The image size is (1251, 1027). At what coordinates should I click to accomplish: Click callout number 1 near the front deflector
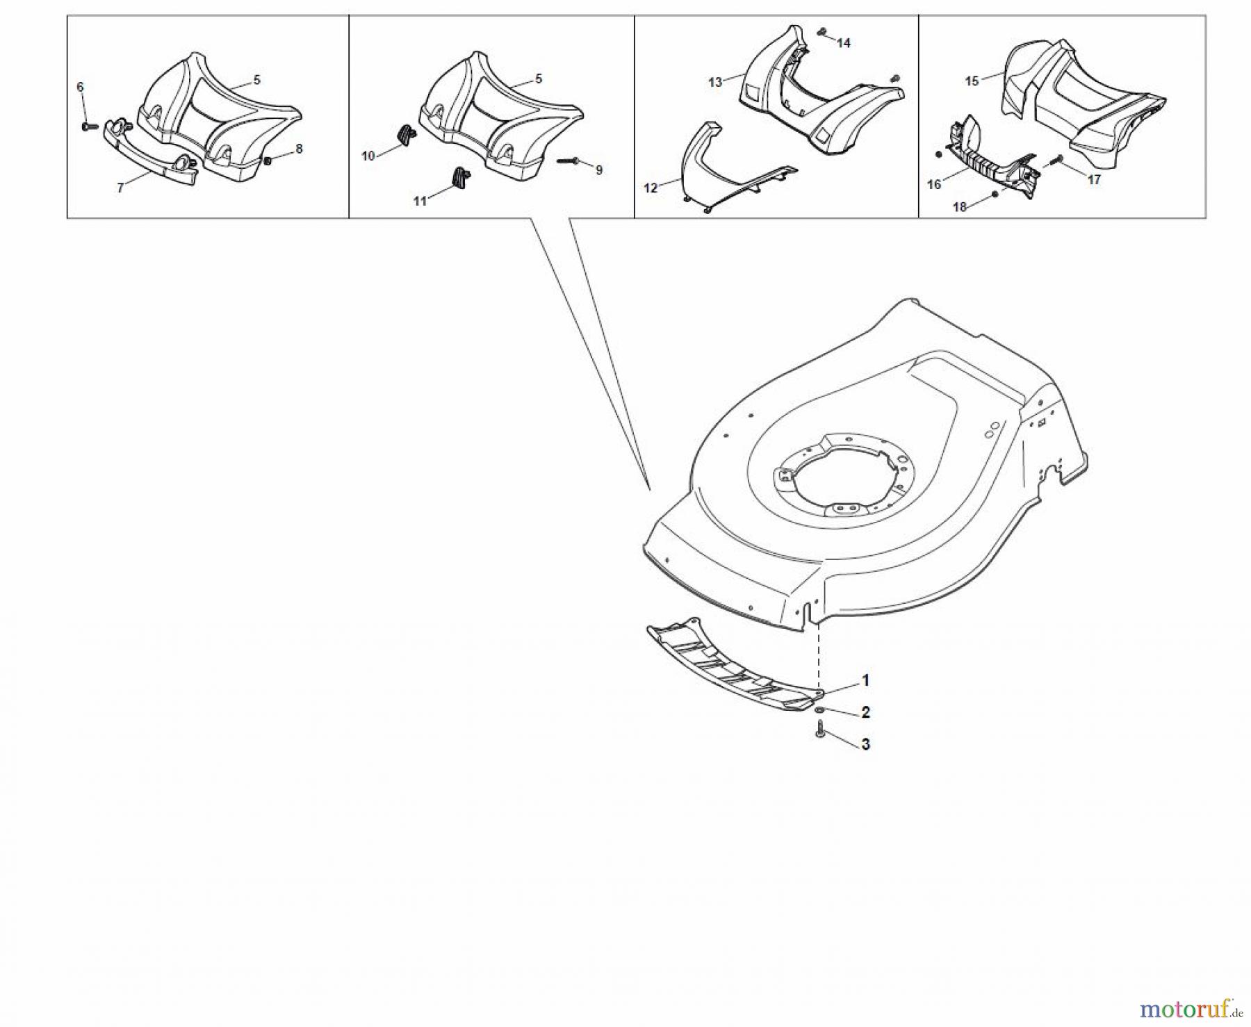tap(865, 680)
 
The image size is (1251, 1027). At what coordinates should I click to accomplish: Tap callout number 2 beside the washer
tap(865, 712)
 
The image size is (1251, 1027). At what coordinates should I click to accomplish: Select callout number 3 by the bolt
tap(865, 743)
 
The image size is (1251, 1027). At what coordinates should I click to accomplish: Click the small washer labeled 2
tap(821, 709)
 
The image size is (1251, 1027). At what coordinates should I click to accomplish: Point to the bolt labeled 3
tap(820, 730)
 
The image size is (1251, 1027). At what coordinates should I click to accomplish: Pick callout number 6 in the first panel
tap(80, 86)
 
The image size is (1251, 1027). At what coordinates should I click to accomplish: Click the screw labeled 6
tap(85, 126)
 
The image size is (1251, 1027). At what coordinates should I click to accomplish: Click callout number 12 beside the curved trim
tap(651, 188)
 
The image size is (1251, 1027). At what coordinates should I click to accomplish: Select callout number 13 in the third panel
tap(715, 82)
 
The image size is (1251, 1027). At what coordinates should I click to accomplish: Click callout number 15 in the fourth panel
tap(972, 81)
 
